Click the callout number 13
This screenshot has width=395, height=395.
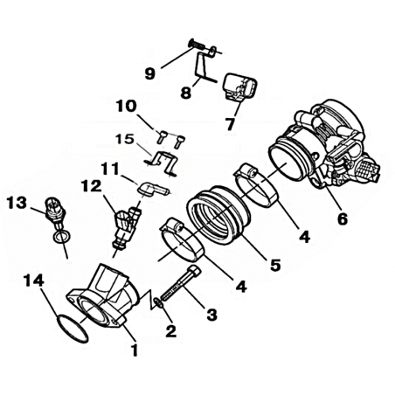17,203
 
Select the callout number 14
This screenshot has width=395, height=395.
33,281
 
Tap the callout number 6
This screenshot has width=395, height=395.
343,219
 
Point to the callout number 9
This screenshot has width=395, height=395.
150,74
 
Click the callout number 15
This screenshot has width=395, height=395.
125,139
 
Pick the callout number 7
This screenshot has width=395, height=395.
230,124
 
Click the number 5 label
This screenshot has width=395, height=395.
275,265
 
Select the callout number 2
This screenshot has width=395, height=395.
170,331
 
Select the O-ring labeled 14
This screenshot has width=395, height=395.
72,329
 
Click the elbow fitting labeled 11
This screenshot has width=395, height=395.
151,190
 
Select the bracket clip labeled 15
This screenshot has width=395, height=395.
161,163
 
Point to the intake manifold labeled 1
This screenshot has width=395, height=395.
102,297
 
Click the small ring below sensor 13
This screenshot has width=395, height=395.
61,237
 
